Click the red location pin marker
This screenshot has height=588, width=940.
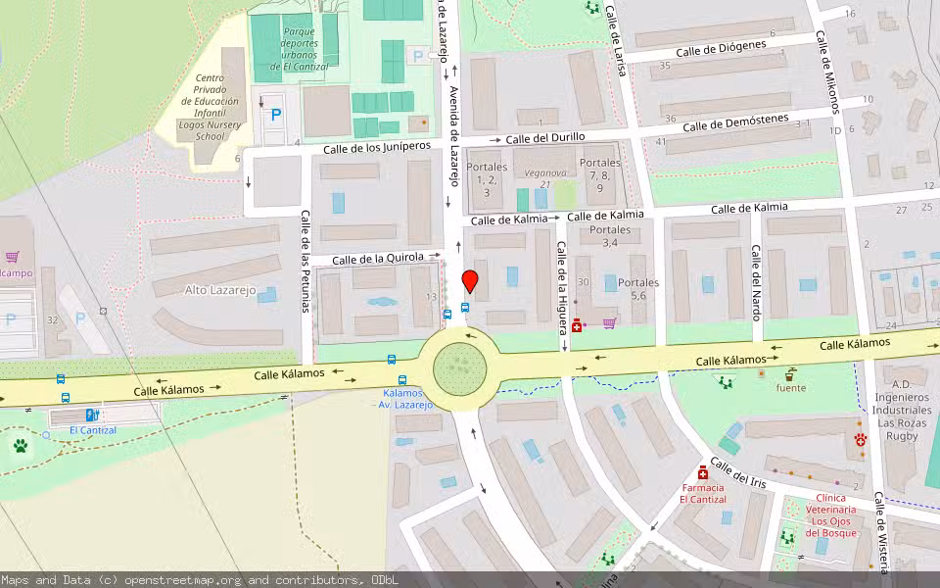[x=470, y=281]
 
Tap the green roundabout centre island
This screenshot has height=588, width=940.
[x=459, y=367]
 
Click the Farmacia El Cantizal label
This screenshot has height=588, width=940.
[x=703, y=493]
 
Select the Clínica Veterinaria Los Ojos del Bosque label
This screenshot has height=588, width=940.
[x=831, y=515]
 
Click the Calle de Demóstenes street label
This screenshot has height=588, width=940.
[x=735, y=123]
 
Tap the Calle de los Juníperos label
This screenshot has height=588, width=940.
[x=377, y=147]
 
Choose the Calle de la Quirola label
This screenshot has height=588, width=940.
[x=378, y=259]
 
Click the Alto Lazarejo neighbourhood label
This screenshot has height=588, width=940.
[x=220, y=290]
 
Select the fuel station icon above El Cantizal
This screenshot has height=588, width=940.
[x=92, y=416]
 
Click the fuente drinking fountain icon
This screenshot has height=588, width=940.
[x=790, y=374]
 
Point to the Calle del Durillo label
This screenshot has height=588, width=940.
[x=545, y=138]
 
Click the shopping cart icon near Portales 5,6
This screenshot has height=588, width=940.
[x=609, y=323]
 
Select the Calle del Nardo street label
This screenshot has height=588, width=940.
[x=756, y=284]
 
